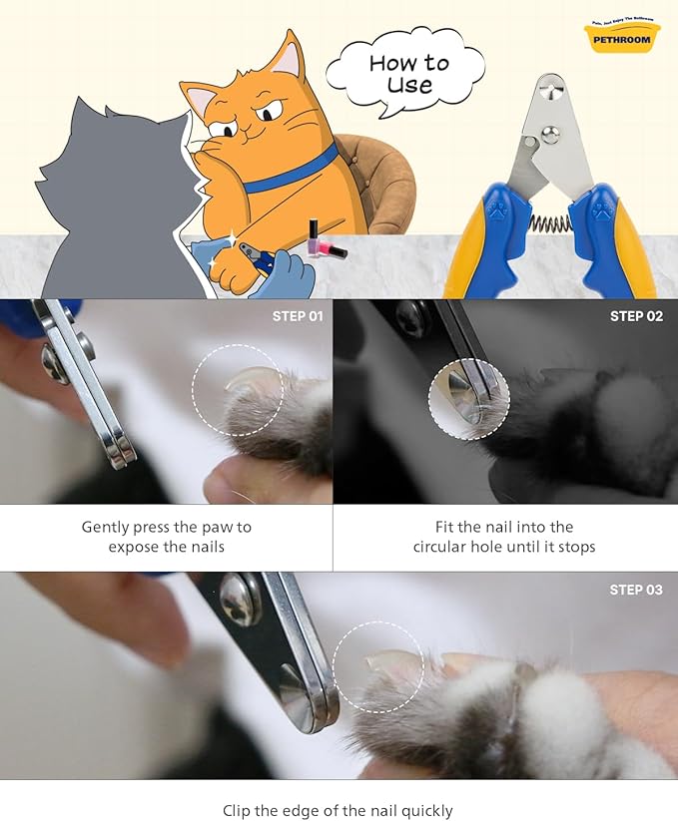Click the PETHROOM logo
(622, 37)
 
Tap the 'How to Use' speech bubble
(407, 73)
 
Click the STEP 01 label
(298, 316)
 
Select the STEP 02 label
(636, 316)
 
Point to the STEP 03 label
(636, 590)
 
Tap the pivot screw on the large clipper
(548, 93)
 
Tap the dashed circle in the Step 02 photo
(468, 399)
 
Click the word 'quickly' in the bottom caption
(424, 811)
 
